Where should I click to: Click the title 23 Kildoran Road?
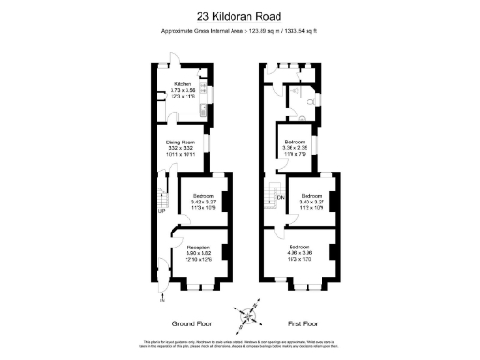tap(240, 15)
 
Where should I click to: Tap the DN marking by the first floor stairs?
tap(280, 198)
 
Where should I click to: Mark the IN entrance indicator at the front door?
tap(162, 299)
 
